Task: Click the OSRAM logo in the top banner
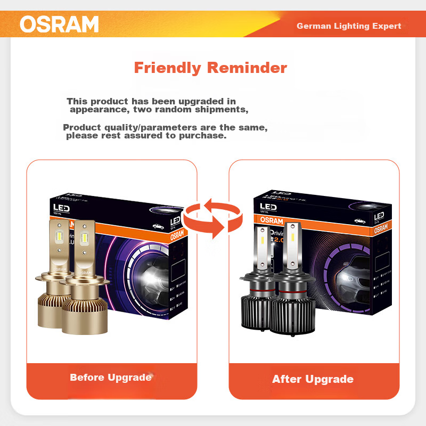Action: pos(59,24)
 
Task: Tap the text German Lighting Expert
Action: pos(349,26)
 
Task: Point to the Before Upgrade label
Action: pos(111,378)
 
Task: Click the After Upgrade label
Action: pos(313,379)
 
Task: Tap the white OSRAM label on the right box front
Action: pos(272,220)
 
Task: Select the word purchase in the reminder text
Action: pos(204,136)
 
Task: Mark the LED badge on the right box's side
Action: pos(379,216)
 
